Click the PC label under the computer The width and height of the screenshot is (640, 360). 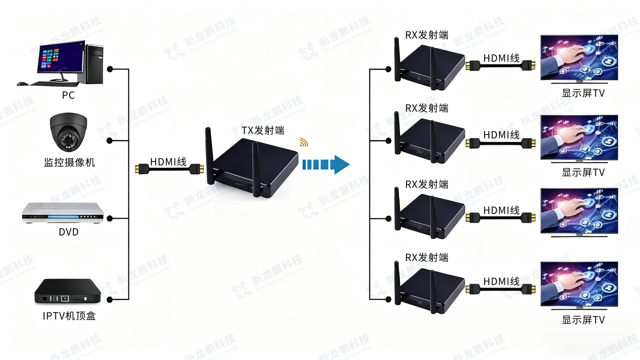pos(68,95)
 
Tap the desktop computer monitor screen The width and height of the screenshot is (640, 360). pos(61,58)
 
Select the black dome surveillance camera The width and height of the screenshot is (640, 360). pos(68,133)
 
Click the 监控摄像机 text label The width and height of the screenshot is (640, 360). pos(70,163)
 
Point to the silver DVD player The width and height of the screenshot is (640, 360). pos(62,213)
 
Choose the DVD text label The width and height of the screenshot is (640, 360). pos(68,232)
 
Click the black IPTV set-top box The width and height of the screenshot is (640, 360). pos(68,292)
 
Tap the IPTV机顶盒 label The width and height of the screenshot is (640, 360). pos(69,316)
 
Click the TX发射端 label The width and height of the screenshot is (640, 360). pos(263,130)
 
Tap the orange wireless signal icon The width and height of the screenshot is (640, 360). pos(304,142)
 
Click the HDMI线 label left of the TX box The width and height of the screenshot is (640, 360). pos(168,162)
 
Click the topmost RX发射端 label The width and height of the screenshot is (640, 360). pos(427,35)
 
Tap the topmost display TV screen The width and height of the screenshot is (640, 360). pos(579,57)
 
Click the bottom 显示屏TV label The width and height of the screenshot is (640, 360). pos(583,320)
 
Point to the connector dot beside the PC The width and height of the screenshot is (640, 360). pos(110,69)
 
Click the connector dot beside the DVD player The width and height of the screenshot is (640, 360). pos(110,218)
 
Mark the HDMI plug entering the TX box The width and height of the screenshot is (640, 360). pos(196,169)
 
